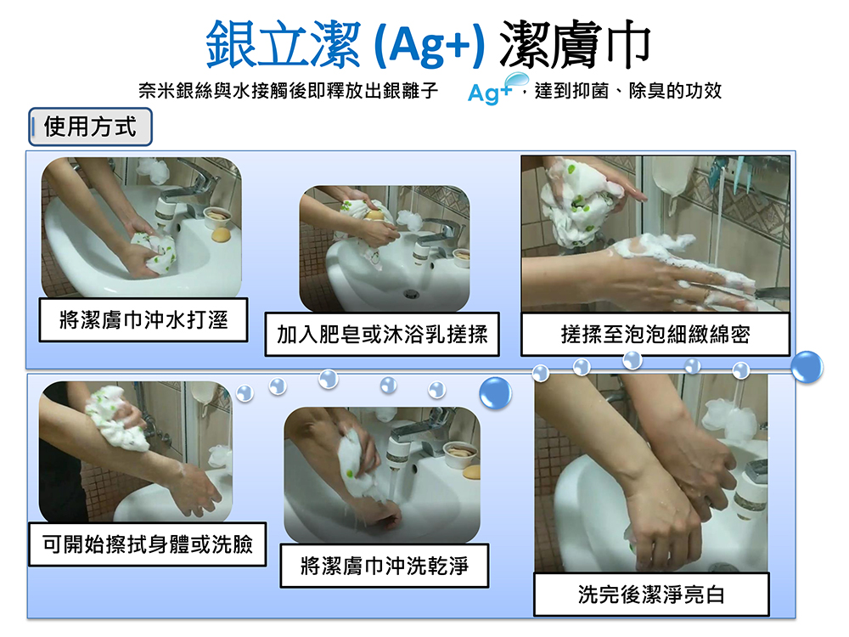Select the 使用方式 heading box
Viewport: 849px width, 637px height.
(90, 127)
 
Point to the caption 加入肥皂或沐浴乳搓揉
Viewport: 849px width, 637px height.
(381, 335)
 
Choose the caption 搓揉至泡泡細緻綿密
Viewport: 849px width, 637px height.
(655, 335)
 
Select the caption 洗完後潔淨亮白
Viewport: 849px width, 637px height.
(651, 595)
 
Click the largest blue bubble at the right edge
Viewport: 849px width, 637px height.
(807, 367)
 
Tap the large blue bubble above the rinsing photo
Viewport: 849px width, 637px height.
(496, 392)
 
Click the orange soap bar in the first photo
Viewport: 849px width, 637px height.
(220, 234)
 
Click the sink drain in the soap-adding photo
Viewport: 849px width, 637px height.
(411, 294)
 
